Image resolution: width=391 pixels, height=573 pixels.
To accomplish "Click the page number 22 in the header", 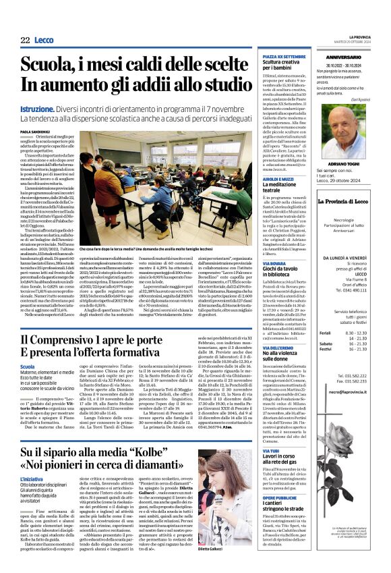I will click(26, 40).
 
